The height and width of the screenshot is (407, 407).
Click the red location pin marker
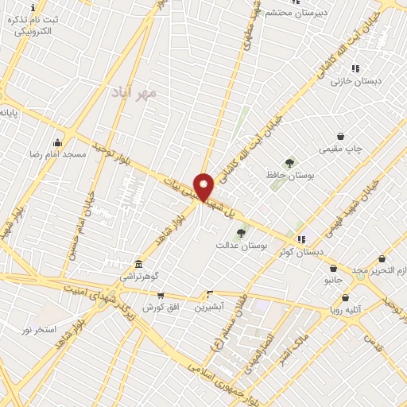tap(204, 186)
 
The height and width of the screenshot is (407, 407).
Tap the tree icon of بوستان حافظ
tap(289, 162)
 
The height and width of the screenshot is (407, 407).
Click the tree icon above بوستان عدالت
tap(241, 233)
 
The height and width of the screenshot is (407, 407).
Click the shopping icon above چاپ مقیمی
tap(340, 136)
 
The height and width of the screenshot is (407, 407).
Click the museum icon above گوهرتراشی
tap(138, 263)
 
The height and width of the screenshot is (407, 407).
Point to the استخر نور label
tap(39, 328)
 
